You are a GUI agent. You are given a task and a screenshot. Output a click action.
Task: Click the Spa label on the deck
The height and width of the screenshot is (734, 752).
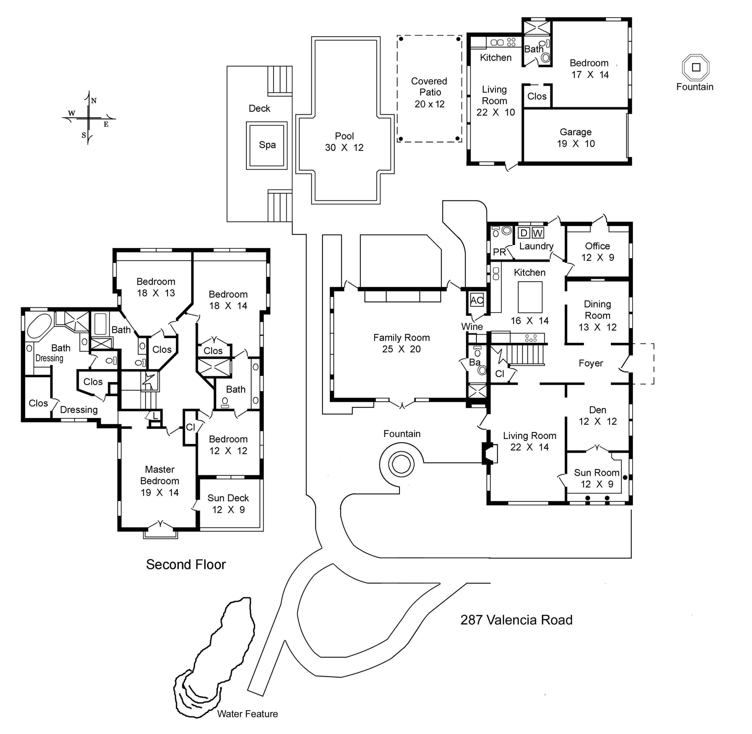pos(267,145)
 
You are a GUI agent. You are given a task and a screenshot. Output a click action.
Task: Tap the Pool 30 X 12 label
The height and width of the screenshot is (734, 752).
pos(344,142)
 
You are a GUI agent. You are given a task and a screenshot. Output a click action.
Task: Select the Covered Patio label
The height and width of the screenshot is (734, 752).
pos(429,92)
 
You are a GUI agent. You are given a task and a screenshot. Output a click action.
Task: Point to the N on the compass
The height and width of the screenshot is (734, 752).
pos(94,101)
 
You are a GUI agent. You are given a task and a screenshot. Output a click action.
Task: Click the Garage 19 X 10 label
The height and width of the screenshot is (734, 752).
pos(576,138)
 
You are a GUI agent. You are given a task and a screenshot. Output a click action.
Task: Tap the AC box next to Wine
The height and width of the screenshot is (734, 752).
pos(477,300)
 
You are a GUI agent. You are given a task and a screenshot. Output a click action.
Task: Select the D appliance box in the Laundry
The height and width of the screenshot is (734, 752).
pos(524,233)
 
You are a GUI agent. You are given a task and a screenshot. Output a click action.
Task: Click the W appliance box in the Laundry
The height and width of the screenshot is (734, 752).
pos(538,233)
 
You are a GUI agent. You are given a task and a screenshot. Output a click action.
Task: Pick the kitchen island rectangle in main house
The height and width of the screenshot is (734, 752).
pos(530,297)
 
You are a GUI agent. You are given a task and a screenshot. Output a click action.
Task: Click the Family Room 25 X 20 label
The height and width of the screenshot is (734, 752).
pos(401,343)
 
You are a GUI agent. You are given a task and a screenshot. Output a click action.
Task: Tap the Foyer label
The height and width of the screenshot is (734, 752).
pos(591,363)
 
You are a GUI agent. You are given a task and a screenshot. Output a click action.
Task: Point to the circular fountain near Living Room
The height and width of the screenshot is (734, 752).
pos(401,464)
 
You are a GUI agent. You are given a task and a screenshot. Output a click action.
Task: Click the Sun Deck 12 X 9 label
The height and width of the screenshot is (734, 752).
pos(228,504)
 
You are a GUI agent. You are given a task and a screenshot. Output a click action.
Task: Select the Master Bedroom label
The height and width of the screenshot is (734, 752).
pos(159,481)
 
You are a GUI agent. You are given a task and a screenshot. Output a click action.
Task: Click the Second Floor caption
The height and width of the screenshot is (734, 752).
pos(186,564)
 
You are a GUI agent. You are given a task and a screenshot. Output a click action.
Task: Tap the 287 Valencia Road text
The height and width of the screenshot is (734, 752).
pos(516,620)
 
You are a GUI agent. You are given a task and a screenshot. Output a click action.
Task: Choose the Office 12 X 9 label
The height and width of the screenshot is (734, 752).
pos(597,252)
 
